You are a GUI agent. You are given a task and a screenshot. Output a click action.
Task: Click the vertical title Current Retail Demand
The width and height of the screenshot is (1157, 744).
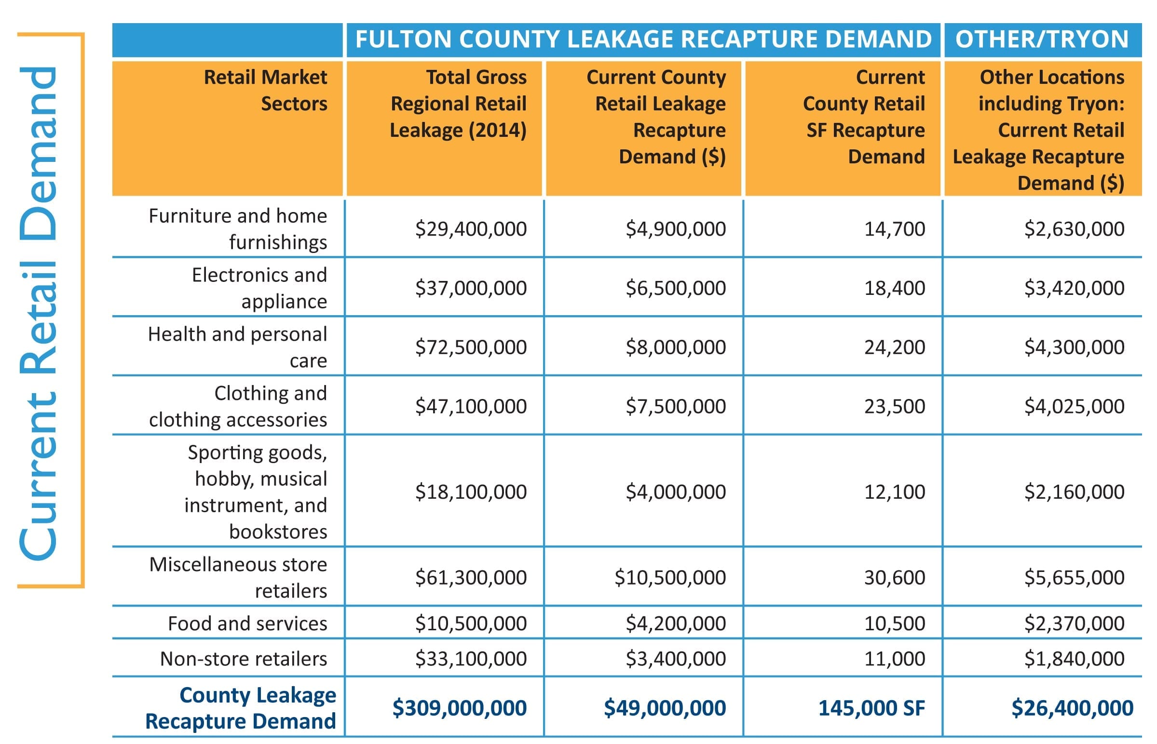click(x=39, y=313)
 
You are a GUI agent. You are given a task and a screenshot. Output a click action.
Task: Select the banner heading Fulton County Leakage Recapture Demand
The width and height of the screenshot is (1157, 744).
click(x=643, y=39)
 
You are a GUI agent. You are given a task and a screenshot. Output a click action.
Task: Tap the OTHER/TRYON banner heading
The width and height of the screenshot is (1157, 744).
click(x=1042, y=39)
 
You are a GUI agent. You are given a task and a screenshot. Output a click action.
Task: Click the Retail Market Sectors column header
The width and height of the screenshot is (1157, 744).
click(x=265, y=90)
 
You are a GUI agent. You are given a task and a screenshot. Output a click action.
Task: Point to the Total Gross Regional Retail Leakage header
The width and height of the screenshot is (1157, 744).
click(x=458, y=104)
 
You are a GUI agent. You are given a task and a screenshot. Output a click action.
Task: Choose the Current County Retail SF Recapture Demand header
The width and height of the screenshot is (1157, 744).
click(x=864, y=117)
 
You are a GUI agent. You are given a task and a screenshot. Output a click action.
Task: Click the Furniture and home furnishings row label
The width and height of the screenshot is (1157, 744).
click(x=238, y=228)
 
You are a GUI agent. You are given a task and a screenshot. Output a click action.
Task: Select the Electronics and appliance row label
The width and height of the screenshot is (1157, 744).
click(x=259, y=288)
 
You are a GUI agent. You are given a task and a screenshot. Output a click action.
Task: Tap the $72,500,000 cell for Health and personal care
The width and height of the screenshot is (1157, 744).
click(x=471, y=347)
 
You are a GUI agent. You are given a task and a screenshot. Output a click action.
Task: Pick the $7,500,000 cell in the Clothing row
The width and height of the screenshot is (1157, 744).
click(x=676, y=406)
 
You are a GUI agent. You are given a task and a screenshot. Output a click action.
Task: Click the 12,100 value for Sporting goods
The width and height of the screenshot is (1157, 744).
click(x=895, y=492)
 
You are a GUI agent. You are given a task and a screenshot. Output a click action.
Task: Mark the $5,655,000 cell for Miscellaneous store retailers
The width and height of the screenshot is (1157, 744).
click(x=1075, y=577)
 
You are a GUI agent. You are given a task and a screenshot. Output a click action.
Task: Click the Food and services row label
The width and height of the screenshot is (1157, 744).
click(x=247, y=623)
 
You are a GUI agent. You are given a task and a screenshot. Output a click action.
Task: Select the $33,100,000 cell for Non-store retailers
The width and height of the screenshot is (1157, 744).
click(x=471, y=659)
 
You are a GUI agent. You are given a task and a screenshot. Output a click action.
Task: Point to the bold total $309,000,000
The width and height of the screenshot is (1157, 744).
click(x=459, y=708)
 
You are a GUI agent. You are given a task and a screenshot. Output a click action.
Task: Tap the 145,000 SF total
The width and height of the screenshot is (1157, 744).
click(x=872, y=708)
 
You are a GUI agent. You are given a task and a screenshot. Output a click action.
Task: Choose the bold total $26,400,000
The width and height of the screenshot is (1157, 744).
click(x=1073, y=708)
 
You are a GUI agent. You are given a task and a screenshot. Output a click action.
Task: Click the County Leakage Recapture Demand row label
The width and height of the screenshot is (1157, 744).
click(x=241, y=708)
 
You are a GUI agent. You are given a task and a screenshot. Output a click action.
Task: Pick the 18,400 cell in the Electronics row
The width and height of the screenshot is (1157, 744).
click(x=895, y=288)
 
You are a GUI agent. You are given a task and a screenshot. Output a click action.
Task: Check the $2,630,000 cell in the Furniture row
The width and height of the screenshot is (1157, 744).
click(x=1075, y=228)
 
